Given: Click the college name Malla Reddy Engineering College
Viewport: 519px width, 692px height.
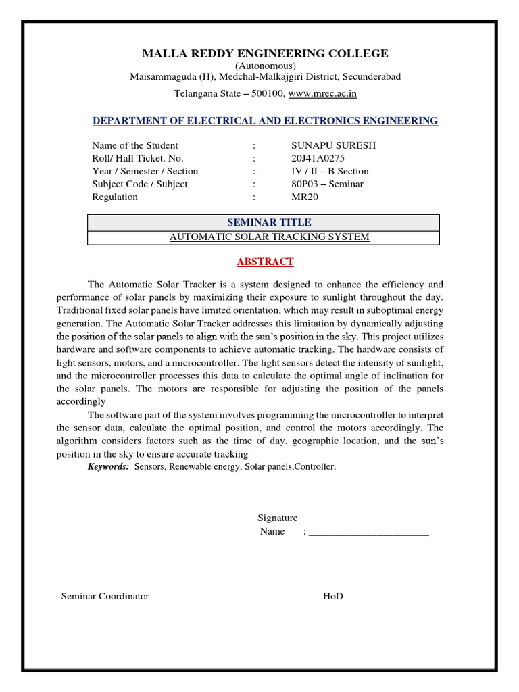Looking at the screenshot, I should click(265, 53).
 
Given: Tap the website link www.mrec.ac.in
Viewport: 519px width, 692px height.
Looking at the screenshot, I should click(322, 93).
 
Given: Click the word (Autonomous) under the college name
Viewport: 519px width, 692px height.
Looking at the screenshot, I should click(265, 66).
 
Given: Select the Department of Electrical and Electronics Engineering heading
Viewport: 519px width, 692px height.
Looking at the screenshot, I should click(265, 121).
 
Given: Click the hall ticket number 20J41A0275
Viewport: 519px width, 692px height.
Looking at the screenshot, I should click(318, 158).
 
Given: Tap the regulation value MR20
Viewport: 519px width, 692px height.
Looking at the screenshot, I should click(304, 197).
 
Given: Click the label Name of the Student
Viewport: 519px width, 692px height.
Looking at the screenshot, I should click(135, 145).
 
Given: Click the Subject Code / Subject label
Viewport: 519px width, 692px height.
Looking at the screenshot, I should click(140, 184).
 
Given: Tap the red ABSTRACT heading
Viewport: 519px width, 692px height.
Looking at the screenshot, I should click(264, 262).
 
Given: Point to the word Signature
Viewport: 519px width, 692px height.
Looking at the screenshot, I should click(277, 518).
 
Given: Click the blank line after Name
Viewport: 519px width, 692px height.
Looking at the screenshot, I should click(368, 533).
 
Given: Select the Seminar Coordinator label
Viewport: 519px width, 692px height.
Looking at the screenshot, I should click(105, 596).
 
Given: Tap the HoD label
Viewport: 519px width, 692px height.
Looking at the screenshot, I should click(332, 596).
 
